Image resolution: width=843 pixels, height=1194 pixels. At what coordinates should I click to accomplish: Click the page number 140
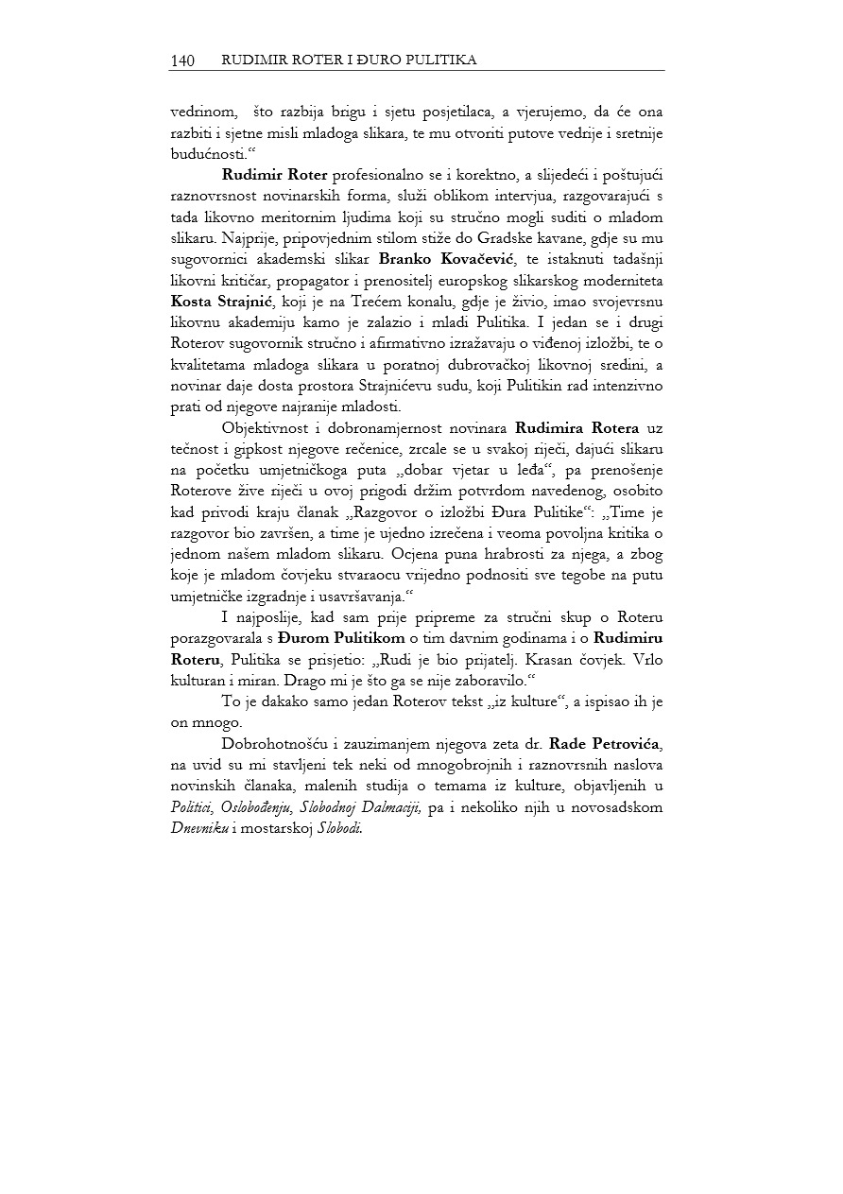click(x=181, y=61)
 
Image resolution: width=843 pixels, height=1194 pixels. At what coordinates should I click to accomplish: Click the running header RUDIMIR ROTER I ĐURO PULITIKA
click(x=348, y=61)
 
